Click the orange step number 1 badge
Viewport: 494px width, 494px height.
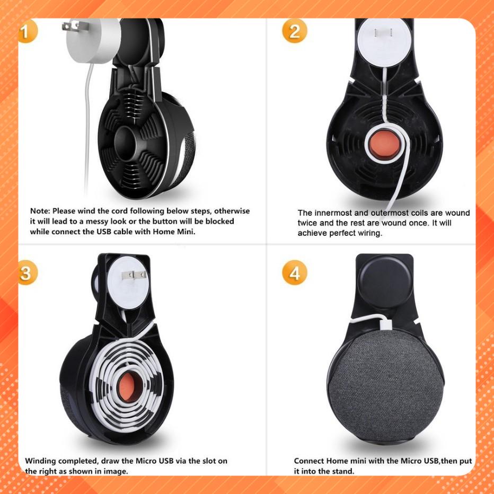point(28,31)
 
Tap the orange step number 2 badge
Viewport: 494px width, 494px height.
point(294,31)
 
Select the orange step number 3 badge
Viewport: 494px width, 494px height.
point(28,273)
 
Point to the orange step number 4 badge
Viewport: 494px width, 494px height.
point(294,273)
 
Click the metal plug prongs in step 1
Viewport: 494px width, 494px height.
point(70,25)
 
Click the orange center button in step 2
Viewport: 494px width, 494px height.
point(383,145)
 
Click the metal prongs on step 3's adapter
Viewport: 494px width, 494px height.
point(134,275)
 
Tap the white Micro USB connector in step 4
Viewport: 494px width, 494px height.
point(386,323)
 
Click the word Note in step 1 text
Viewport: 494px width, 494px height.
point(40,211)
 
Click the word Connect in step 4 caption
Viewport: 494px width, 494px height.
point(308,461)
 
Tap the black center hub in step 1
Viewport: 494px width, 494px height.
point(126,143)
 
